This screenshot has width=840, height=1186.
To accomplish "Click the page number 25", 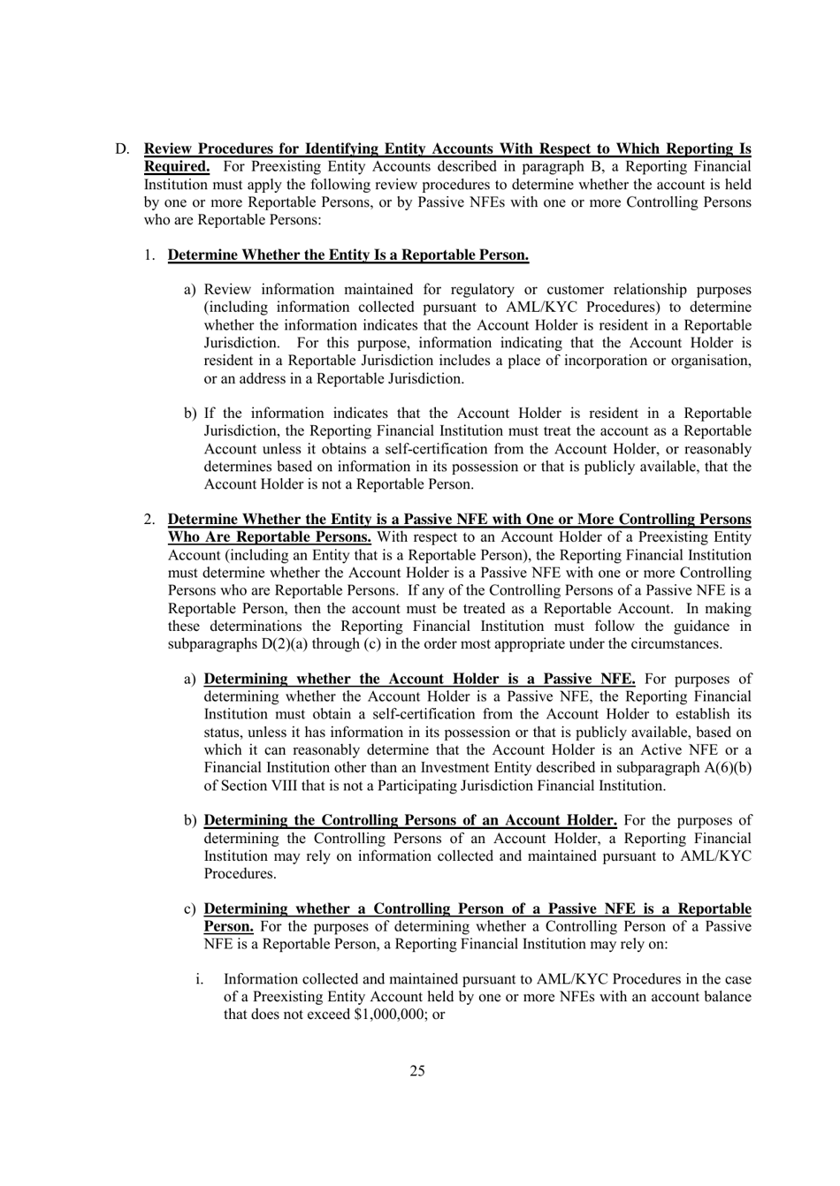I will tap(417, 1071).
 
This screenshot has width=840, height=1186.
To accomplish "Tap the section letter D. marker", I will tap(122, 149).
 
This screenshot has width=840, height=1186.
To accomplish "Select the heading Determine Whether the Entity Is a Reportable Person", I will tap(348, 255).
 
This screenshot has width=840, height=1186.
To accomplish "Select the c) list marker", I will tap(190, 909).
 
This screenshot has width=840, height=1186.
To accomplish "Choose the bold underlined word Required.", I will tap(177, 167).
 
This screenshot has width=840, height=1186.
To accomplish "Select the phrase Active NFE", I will tap(676, 750).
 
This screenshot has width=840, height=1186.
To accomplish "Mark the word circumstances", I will tap(676, 644).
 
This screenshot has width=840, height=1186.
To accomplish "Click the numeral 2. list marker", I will tap(150, 520).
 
